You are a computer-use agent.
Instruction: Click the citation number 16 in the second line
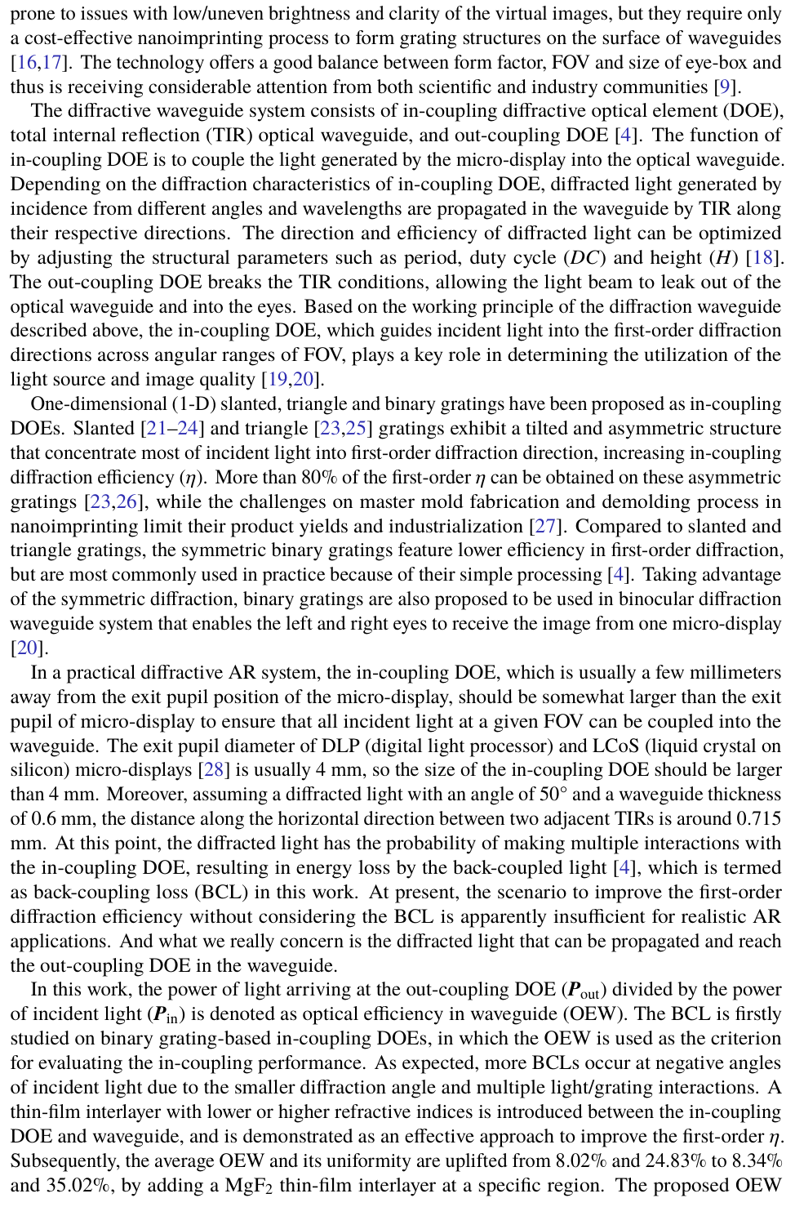tap(26, 63)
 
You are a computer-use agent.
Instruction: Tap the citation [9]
tap(725, 87)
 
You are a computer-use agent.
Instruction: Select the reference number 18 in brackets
tap(762, 258)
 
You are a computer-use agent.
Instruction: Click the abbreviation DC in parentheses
tap(584, 258)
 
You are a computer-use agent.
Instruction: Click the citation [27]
tap(544, 527)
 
